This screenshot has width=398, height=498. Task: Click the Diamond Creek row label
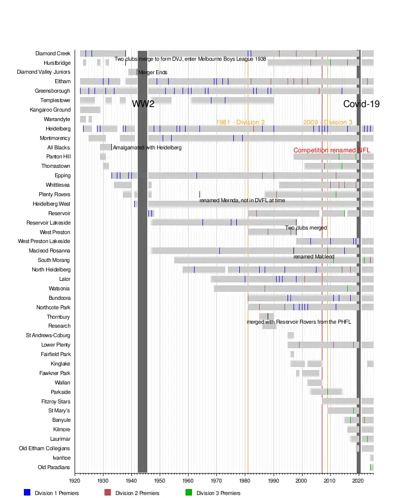pos(53,54)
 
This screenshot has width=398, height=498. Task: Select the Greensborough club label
pos(52,91)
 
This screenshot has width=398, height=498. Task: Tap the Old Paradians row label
pos(54,467)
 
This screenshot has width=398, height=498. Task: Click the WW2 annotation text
pos(143,104)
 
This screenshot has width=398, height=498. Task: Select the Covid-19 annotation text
pos(362,104)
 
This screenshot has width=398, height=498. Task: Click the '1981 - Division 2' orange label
pos(240,123)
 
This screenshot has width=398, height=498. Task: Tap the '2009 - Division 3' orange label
pos(327,123)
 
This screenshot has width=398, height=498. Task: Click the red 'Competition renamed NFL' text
pos(332,150)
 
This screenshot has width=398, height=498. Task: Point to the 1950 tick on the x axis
pos(160,481)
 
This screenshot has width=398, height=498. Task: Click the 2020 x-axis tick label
pos(359,481)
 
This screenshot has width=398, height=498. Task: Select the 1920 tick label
pos(75,481)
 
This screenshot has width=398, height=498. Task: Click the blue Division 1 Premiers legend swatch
pos(27,493)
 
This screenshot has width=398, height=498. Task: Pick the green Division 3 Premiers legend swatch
pos(189,493)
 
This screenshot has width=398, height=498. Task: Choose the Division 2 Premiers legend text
pos(137,493)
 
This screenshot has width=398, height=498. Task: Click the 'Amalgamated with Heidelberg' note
pos(147,148)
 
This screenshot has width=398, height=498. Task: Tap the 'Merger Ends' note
pos(153,73)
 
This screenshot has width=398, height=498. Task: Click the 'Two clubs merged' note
pos(306,228)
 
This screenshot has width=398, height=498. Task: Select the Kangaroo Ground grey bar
pos(90,110)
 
